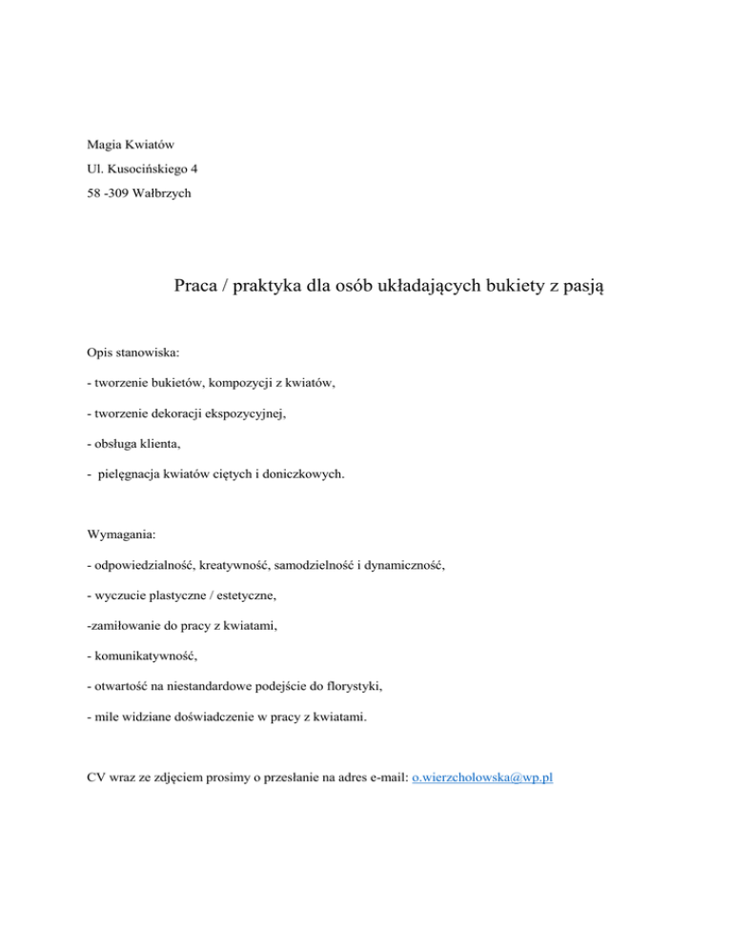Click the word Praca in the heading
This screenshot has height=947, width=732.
(197, 287)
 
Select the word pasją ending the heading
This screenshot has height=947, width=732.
(580, 287)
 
